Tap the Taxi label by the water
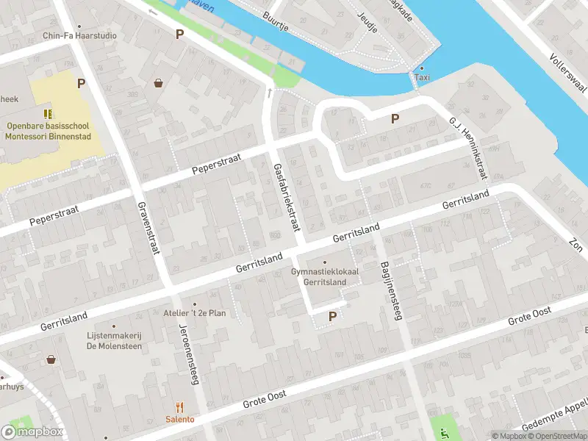(x=422, y=77)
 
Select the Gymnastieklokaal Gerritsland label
(x=324, y=276)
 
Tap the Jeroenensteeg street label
(x=190, y=350)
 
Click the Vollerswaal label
(x=566, y=71)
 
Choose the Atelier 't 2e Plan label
(x=195, y=313)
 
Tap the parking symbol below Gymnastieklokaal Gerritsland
(x=332, y=317)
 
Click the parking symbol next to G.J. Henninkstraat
(x=395, y=118)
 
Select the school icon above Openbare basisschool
(x=48, y=114)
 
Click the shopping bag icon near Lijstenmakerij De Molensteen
(x=51, y=359)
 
